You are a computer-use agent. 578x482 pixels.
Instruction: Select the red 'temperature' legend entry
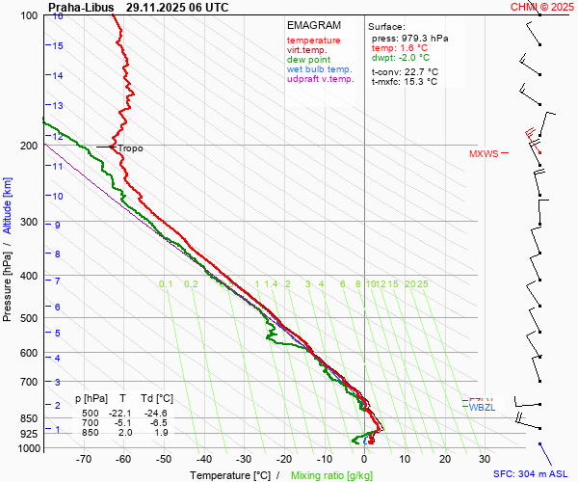(x=313, y=40)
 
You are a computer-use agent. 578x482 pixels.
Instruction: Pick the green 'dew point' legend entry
(x=308, y=60)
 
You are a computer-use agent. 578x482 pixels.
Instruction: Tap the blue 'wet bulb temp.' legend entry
(x=319, y=69)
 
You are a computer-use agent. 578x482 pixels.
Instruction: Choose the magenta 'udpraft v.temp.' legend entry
(x=321, y=79)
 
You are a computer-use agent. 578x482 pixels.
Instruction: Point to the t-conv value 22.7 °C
(x=418, y=71)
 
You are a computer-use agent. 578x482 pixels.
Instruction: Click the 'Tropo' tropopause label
(x=129, y=148)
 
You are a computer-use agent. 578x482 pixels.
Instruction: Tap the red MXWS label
(x=484, y=154)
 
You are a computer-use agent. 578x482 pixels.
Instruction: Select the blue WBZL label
(x=481, y=408)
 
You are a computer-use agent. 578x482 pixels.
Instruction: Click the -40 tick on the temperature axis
(x=203, y=459)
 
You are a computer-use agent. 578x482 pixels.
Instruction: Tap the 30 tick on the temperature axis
(x=484, y=459)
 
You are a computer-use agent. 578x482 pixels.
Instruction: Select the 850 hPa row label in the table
(x=92, y=433)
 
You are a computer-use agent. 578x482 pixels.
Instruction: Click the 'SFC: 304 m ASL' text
(x=532, y=474)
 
